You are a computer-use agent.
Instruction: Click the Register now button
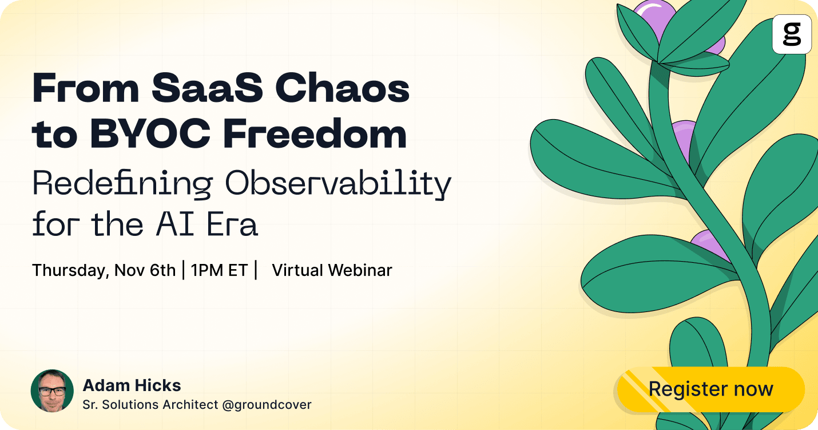coord(710,389)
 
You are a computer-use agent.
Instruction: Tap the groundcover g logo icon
coord(792,34)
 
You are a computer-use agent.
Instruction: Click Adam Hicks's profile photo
coord(52,390)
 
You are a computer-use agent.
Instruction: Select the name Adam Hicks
coord(132,385)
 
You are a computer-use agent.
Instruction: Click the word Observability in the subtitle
coord(338,184)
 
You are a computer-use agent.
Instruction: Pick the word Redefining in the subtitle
coord(123,184)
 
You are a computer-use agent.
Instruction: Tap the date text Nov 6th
coord(145,270)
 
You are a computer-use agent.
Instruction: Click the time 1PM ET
coord(219,270)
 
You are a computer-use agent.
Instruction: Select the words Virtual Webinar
coord(332,270)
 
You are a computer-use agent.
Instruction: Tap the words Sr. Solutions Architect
coord(150,405)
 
